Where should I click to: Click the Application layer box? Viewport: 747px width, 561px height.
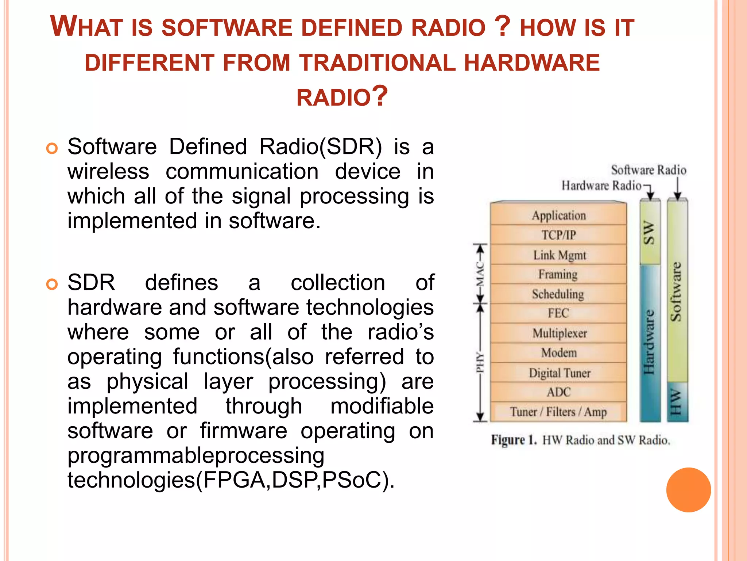(x=558, y=215)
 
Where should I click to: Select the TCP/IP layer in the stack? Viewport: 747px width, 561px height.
(x=558, y=235)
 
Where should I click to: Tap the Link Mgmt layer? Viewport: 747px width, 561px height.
(x=558, y=255)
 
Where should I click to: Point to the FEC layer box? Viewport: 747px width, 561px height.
(x=558, y=313)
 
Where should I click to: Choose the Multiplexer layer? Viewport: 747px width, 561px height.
(x=558, y=333)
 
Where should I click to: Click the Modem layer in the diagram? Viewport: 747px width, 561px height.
(x=558, y=353)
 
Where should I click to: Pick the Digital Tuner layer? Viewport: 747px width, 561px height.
(x=558, y=373)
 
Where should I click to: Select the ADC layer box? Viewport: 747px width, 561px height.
(x=558, y=392)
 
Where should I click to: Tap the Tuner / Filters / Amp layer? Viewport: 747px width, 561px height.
(x=558, y=412)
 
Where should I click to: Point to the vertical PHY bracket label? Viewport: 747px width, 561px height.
(x=480, y=362)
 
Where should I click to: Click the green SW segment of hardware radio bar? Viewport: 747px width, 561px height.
(x=650, y=232)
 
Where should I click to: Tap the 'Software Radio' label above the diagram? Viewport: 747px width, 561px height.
(x=649, y=170)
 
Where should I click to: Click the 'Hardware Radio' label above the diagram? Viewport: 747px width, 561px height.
(x=601, y=186)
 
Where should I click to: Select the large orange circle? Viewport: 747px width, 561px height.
(x=688, y=490)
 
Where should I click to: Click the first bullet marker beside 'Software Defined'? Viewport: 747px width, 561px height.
(x=52, y=149)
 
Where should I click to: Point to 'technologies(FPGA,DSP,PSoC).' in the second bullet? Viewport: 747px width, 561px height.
(x=231, y=480)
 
